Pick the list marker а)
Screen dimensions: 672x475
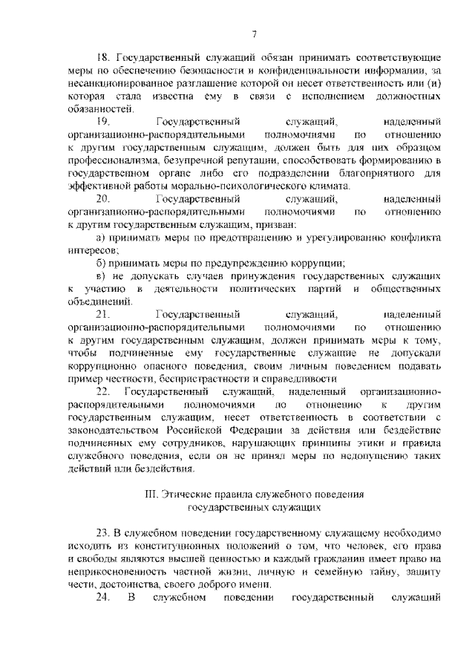click(102, 237)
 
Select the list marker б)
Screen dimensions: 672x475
click(102, 263)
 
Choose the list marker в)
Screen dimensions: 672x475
click(102, 275)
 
